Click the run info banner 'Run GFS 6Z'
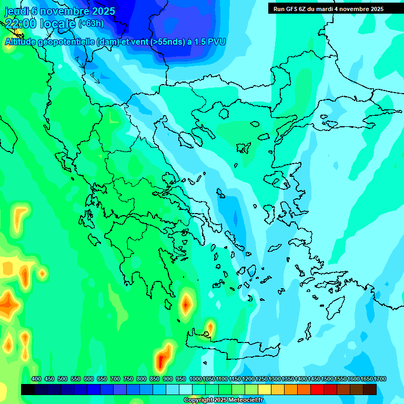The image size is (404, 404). [x=328, y=9]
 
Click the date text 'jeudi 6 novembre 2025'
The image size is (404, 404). [x=60, y=11]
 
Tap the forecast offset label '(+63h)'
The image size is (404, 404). [x=91, y=23]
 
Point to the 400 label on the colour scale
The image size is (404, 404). [x=36, y=379]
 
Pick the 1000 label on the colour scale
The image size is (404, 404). [x=195, y=379]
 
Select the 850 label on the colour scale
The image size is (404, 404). [x=155, y=379]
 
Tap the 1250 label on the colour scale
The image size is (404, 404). [x=261, y=379]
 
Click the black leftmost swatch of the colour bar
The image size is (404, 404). [x=28, y=389]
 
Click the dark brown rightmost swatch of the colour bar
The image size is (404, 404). [x=370, y=389]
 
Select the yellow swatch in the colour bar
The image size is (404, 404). [x=265, y=389]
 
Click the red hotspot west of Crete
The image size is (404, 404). [x=186, y=304]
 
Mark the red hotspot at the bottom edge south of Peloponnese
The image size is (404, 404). [x=162, y=360]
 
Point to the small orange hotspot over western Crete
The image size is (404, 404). [x=210, y=328]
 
